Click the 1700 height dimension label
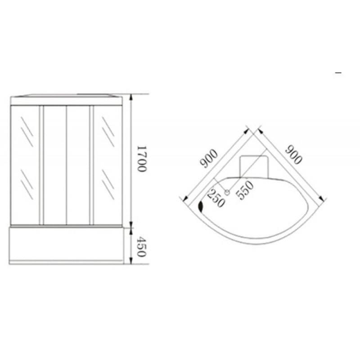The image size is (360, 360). pos(141,159)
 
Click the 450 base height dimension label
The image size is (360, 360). pos(141,247)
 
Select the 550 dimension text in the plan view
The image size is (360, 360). pos(245,190)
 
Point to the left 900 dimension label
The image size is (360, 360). pos(208,158)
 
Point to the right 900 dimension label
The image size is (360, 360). pos(294,154)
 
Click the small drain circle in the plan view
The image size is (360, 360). pos(227,192)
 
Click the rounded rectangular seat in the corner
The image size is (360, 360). pos(254,167)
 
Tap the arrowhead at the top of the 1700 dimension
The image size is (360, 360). pos(131,97)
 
